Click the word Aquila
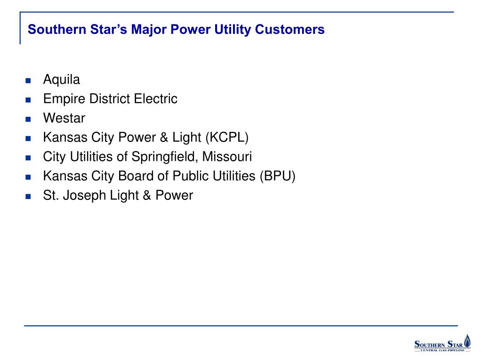(x=62, y=80)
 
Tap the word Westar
(x=64, y=118)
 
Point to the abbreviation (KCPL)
(x=226, y=138)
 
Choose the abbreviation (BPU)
(x=277, y=176)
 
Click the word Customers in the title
(x=290, y=30)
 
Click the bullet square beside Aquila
(x=28, y=81)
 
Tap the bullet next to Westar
(x=28, y=119)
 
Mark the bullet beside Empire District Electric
(x=28, y=100)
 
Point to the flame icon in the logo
(x=466, y=341)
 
